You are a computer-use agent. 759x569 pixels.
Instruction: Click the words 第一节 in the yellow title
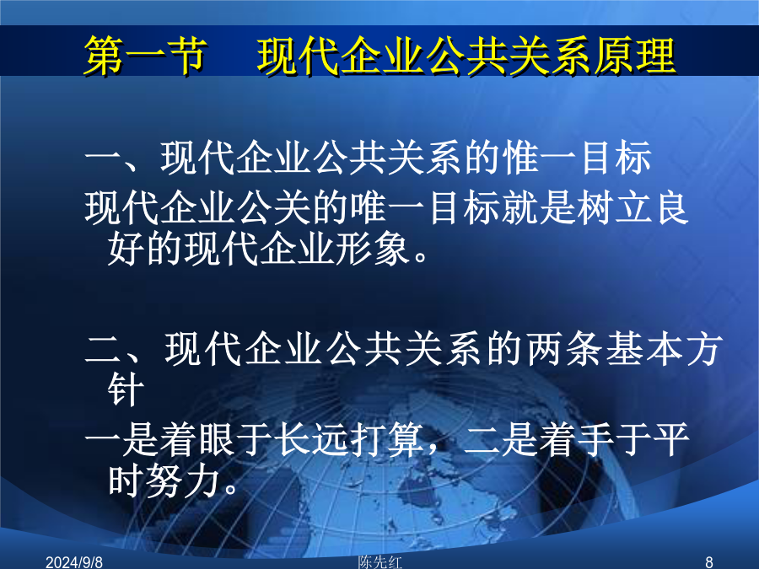coord(146,56)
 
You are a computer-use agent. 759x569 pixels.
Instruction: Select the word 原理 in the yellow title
coord(634,56)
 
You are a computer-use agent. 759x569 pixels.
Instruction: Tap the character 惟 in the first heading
coord(521,158)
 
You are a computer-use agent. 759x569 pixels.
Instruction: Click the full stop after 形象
coord(421,257)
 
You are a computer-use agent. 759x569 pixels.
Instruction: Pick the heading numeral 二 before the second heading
coord(103,349)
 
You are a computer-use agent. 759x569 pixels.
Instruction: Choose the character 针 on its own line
coord(126,389)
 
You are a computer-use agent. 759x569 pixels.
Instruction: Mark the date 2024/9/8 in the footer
coord(74,562)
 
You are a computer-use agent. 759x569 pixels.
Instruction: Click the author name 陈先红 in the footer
coord(380,561)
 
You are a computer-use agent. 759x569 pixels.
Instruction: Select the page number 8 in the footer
coord(709,562)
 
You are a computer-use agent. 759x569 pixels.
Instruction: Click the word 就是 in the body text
coord(538,208)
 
